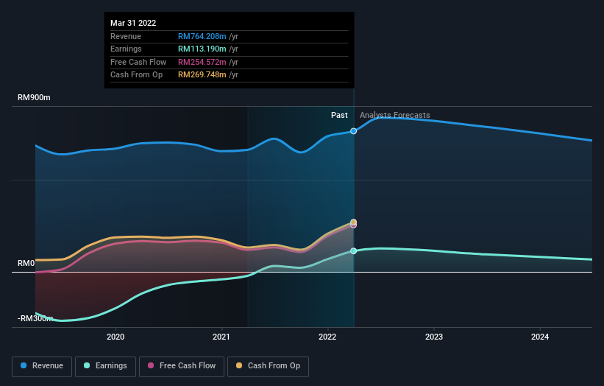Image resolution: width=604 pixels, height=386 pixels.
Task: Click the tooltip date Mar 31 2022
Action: click(x=133, y=24)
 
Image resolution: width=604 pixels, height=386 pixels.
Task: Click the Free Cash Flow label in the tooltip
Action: click(x=138, y=62)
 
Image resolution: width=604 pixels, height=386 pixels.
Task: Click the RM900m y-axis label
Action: click(x=35, y=98)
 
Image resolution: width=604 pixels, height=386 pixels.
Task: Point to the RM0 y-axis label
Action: click(x=26, y=263)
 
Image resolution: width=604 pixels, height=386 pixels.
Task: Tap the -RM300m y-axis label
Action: click(x=35, y=318)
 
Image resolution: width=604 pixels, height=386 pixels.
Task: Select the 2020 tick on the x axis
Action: click(x=116, y=337)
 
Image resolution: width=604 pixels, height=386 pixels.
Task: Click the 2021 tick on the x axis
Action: click(x=221, y=337)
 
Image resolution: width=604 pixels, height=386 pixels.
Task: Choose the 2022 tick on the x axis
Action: click(x=327, y=337)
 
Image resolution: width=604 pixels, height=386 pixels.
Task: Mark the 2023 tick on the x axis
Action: click(x=434, y=337)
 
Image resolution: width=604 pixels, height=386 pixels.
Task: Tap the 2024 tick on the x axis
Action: click(x=540, y=337)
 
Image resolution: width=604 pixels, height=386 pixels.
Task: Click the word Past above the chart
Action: click(x=339, y=115)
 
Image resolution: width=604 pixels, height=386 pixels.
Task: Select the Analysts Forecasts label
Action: click(x=394, y=115)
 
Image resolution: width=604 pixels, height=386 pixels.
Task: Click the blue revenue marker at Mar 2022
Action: click(x=354, y=131)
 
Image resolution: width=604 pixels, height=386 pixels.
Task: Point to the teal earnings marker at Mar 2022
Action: click(x=354, y=251)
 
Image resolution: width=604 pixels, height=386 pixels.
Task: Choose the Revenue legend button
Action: click(x=43, y=366)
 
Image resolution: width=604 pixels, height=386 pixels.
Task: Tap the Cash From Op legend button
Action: click(x=269, y=366)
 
